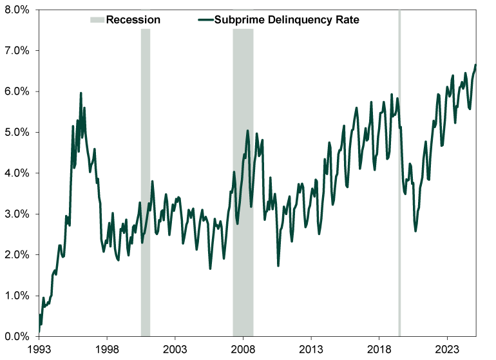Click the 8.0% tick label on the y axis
point(19,10)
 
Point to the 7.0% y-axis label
point(19,50)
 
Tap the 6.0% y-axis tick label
point(19,91)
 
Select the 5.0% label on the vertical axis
point(19,132)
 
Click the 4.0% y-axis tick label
point(19,173)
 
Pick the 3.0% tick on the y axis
point(19,214)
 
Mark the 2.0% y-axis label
point(19,255)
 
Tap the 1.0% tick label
point(19,296)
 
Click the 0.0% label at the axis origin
point(19,336)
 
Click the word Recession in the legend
point(133,20)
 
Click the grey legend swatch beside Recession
point(97,20)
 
